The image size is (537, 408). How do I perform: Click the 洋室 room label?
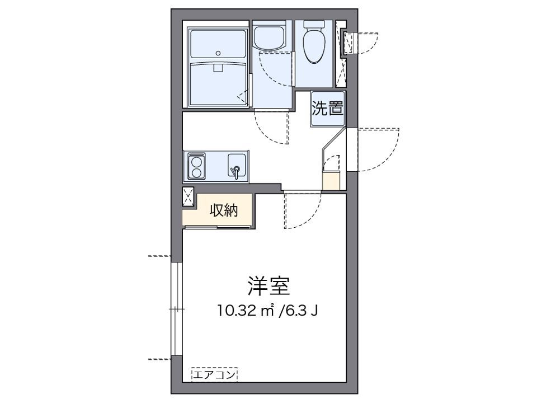tap(268, 286)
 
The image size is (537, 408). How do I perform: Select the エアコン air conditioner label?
tap(214, 374)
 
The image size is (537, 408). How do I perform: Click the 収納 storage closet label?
tap(224, 210)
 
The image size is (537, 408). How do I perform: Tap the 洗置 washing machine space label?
tap(327, 108)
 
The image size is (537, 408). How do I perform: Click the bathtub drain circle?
tap(218, 53)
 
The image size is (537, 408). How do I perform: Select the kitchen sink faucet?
tap(235, 171)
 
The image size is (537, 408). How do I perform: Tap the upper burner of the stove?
tap(196, 161)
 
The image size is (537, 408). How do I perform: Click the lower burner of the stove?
tap(196, 173)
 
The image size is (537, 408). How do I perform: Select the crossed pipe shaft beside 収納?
tap(188, 196)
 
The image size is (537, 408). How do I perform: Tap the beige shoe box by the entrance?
tap(331, 181)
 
